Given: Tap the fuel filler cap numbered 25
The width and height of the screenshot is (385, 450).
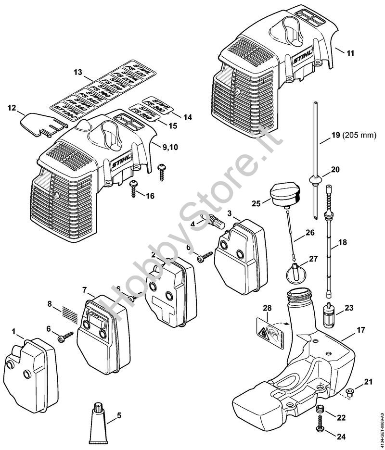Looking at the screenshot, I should pos(287,194).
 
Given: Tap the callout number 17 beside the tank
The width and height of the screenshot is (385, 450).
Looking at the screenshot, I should pos(361,330).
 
